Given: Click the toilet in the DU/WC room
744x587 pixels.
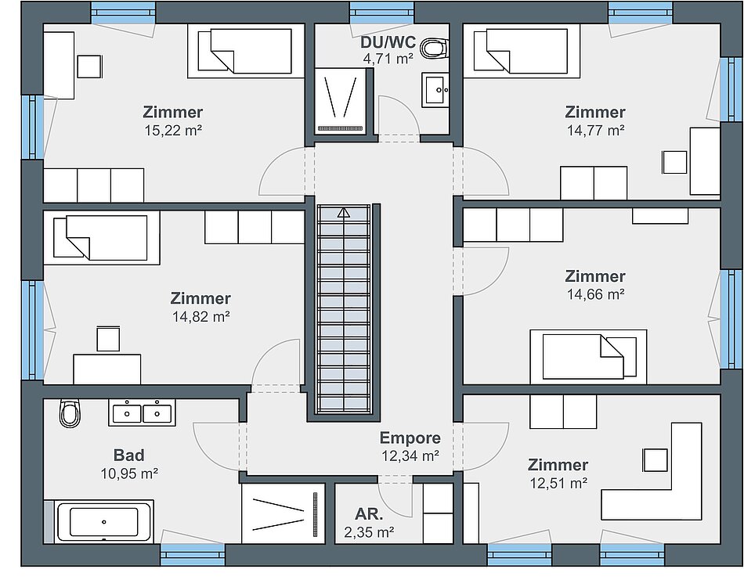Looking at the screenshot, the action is click(434, 48).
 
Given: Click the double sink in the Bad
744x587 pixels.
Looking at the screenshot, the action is click(142, 412).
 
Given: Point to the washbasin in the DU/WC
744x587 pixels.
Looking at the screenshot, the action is click(435, 90).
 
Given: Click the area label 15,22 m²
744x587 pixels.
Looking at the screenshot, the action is click(173, 130).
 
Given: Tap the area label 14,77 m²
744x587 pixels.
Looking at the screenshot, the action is click(595, 130).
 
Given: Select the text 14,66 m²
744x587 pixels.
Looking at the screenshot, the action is click(595, 294).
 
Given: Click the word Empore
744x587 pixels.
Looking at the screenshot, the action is click(410, 438).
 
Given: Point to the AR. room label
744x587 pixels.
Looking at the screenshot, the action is click(369, 514).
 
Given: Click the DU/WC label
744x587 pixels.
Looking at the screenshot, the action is click(388, 42).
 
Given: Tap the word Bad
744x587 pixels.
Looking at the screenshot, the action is click(129, 456).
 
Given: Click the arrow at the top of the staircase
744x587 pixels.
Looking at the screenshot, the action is click(343, 213).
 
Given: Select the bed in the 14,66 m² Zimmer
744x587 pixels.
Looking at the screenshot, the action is click(588, 357).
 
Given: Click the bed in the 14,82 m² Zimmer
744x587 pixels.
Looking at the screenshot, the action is click(102, 238).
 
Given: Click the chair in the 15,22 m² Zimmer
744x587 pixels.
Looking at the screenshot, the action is click(89, 67).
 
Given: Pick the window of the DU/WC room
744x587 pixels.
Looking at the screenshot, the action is click(381, 13).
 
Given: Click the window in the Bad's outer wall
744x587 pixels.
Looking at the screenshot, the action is click(193, 555).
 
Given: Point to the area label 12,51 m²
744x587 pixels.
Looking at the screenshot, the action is click(558, 483).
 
